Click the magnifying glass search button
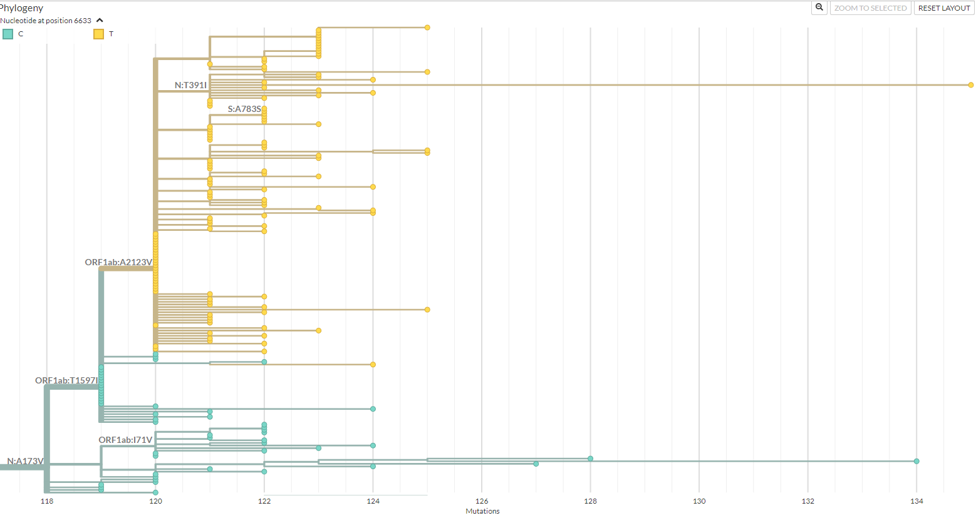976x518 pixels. coord(819,8)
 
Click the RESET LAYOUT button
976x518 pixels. coord(943,8)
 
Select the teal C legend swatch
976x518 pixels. coord(8,34)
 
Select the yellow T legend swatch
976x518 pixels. coord(98,34)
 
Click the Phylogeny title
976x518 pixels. coord(21,8)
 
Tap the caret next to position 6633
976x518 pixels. coord(100,21)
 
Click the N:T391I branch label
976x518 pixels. coord(190,85)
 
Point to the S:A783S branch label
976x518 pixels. coord(244,109)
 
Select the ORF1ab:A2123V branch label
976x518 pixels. coord(118,262)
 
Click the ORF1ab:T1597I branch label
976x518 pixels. coord(66,380)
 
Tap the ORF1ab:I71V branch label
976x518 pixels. coord(125,440)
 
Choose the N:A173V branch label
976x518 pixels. coord(25,461)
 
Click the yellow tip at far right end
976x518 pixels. coord(970,85)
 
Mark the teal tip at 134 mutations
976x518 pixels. coord(916,461)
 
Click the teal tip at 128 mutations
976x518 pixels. coord(590,459)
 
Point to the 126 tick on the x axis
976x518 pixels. coord(482,501)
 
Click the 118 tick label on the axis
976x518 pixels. coord(47,501)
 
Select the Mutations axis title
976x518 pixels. coord(482,511)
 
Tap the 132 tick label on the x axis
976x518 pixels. coord(808,501)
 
